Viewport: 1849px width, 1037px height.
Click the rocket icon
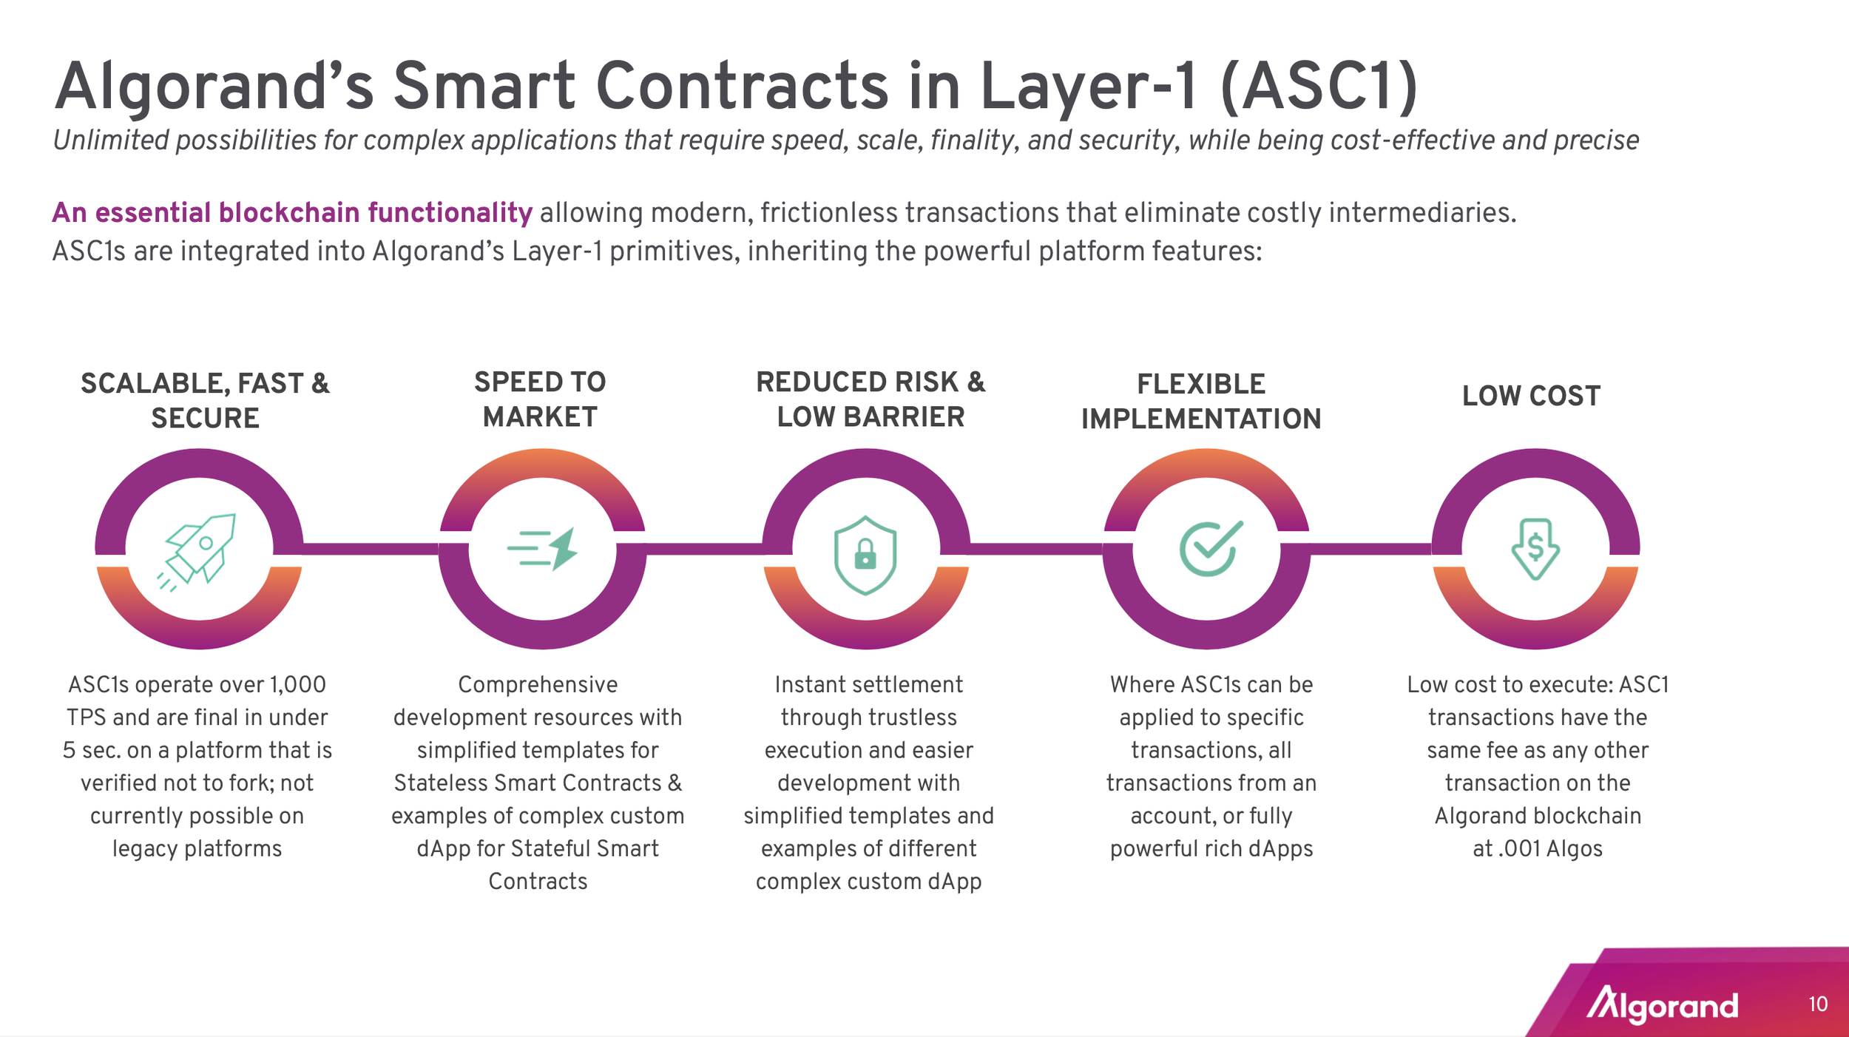(x=198, y=551)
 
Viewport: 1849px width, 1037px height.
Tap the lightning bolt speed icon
(x=543, y=549)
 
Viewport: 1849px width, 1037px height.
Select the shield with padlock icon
(x=865, y=555)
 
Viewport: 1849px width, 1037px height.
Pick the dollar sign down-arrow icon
(x=1535, y=549)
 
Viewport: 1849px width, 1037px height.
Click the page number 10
(x=1818, y=1004)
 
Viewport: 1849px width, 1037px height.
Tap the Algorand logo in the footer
(x=1663, y=1004)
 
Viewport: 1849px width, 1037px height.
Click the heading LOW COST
(x=1531, y=396)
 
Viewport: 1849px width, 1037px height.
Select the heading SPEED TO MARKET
(x=540, y=399)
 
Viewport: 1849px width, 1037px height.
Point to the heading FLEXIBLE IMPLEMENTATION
(x=1201, y=402)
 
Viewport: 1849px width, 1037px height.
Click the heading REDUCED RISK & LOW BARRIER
(x=871, y=399)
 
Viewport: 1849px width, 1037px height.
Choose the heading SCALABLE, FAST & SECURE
(x=205, y=401)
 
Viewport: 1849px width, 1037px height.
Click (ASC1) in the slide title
(x=1319, y=87)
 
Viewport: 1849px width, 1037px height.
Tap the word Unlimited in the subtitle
(x=111, y=141)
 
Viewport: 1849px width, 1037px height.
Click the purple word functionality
(x=450, y=213)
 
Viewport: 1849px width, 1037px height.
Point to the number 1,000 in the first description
(x=297, y=685)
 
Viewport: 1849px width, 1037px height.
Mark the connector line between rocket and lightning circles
(x=370, y=549)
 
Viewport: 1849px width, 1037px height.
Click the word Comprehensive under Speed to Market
(x=538, y=685)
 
